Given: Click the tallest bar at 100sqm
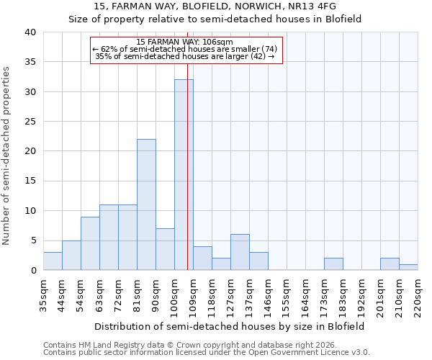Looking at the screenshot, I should coord(184,175).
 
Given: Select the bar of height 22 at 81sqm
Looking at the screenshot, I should coord(146,204).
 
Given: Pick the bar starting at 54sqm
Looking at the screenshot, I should coord(90,243).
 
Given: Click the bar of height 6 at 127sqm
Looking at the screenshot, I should coord(240,252).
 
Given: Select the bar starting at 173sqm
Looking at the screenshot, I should coord(333,264).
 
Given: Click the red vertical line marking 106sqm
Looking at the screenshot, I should coord(188,166).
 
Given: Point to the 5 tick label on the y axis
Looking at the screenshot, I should coord(33,240).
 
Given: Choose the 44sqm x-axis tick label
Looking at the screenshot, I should coord(62,294).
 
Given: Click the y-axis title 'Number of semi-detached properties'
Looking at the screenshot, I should coord(6,156).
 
